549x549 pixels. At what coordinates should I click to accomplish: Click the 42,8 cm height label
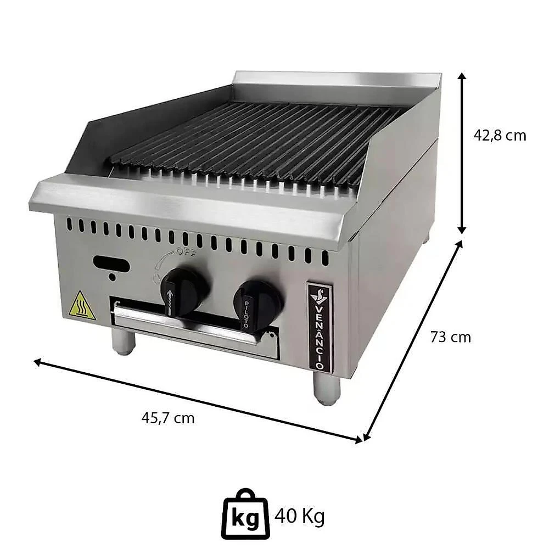tap(500, 135)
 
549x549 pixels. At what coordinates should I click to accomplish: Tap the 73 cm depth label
tap(451, 337)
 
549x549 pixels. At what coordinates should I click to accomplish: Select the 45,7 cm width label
tap(167, 418)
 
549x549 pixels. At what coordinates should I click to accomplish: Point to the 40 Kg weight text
tap(300, 516)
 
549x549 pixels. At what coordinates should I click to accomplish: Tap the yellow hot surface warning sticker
tap(82, 305)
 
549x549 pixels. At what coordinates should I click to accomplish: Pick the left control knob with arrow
tap(183, 290)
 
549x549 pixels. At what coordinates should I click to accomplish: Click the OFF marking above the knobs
tap(186, 251)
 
